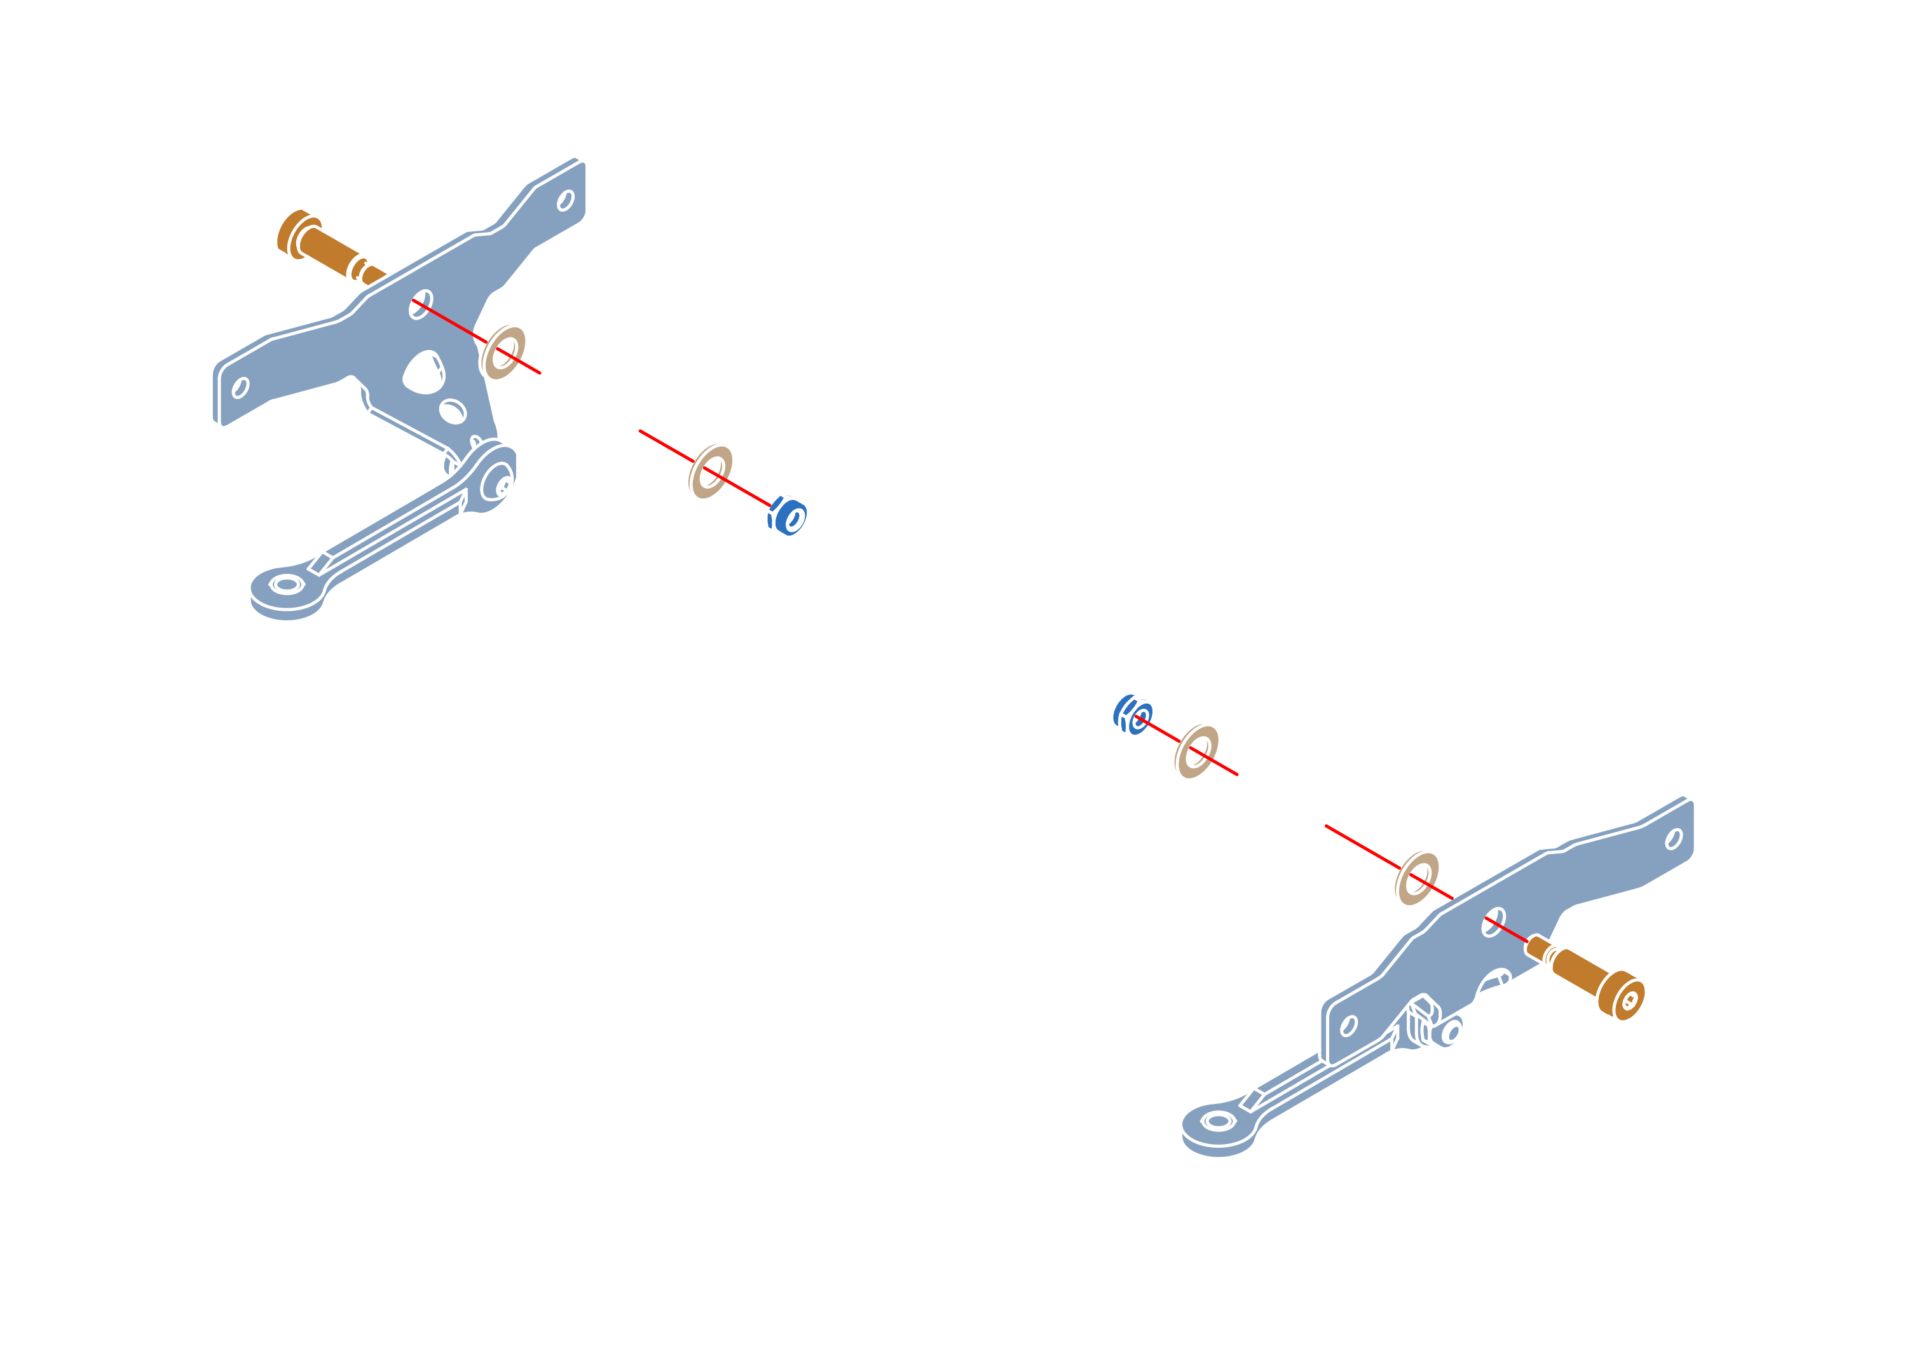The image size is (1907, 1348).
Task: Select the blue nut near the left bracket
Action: pos(786,515)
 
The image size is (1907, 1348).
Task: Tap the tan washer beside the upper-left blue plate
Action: pos(503,351)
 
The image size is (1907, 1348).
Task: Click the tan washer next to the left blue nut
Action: pos(709,471)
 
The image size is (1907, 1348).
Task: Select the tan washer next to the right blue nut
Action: pos(1196,750)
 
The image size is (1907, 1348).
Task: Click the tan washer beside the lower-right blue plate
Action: pos(1416,877)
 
